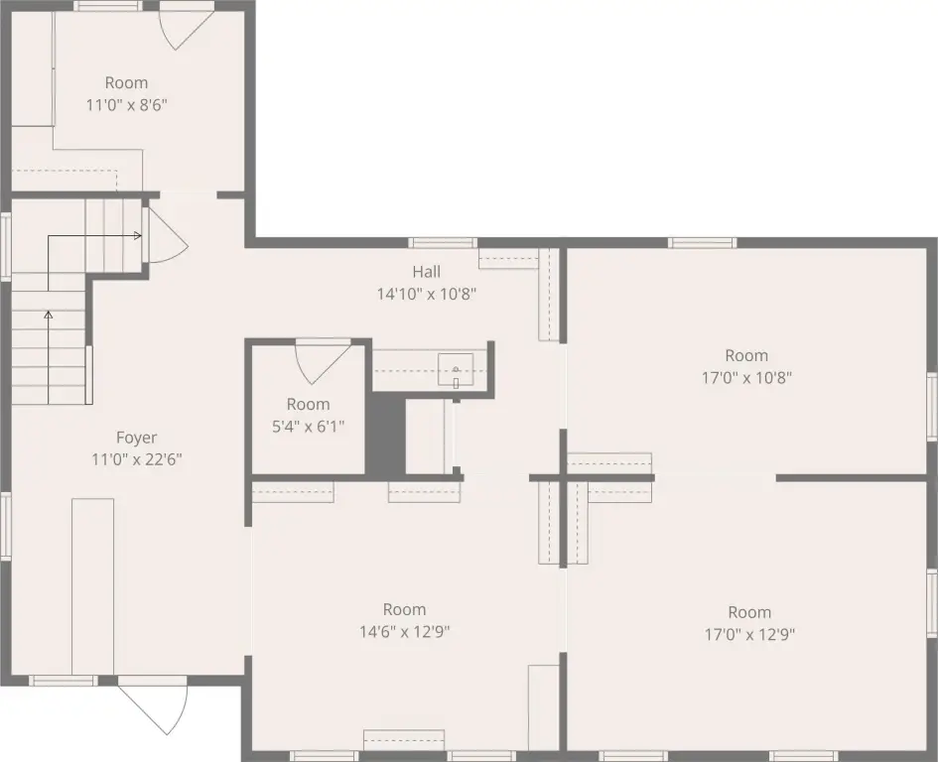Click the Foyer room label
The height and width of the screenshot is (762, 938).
(x=136, y=438)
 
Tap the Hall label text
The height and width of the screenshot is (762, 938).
(x=427, y=272)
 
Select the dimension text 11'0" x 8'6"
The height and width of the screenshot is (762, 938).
(x=126, y=105)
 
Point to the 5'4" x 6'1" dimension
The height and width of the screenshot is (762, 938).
(x=308, y=427)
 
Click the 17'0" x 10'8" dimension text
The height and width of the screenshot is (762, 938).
(x=746, y=377)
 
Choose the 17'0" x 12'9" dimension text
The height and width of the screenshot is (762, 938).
(x=749, y=634)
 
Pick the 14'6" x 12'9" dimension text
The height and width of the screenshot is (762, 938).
(x=404, y=631)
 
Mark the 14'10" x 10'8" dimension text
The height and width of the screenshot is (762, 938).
(x=427, y=295)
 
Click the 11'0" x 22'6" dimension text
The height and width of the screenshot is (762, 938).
(x=136, y=459)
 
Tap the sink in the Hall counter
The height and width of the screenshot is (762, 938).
(x=456, y=370)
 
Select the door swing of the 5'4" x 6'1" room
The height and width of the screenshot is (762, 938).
(x=322, y=361)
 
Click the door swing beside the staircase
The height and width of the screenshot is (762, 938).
(x=167, y=236)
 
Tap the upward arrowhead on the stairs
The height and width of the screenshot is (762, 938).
(x=48, y=315)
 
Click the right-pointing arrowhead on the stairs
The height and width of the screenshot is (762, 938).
(x=138, y=236)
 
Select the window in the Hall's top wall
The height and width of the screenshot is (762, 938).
(x=443, y=243)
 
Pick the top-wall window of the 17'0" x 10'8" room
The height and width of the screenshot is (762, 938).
(x=703, y=243)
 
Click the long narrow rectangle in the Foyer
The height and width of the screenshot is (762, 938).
(x=92, y=586)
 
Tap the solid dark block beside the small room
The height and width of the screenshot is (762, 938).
(x=385, y=434)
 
